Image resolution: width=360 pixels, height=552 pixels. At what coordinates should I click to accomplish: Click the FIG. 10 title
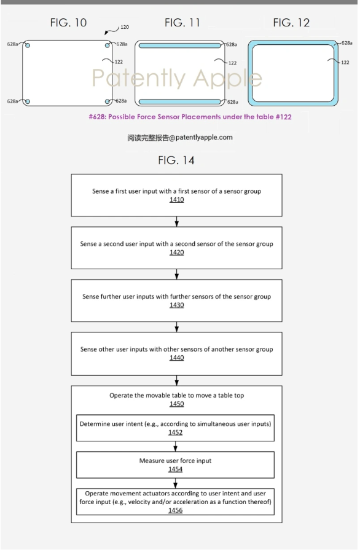pyautogui.click(x=68, y=23)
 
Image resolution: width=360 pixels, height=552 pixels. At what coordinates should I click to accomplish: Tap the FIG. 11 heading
pyautogui.click(x=182, y=23)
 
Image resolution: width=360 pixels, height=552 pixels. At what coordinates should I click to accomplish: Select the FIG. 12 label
pyautogui.click(x=291, y=23)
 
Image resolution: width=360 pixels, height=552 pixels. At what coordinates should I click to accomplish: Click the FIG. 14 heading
pyautogui.click(x=176, y=160)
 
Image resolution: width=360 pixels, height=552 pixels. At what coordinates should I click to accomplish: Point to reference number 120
pyautogui.click(x=125, y=27)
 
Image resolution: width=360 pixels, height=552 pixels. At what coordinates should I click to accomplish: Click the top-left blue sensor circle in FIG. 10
pyautogui.click(x=28, y=45)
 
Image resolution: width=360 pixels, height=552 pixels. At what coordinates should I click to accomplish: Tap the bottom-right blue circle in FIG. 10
pyautogui.click(x=108, y=102)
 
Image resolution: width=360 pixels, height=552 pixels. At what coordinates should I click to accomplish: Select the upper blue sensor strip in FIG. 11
pyautogui.click(x=180, y=45)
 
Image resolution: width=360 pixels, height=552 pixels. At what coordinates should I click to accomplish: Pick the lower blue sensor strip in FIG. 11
pyautogui.click(x=180, y=102)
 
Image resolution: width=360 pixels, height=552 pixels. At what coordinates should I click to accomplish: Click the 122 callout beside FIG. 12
pyautogui.click(x=345, y=62)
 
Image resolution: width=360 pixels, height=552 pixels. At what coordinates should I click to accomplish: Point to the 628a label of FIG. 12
pyautogui.click(x=347, y=43)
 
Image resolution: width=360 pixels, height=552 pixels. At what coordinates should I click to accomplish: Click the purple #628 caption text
pyautogui.click(x=190, y=117)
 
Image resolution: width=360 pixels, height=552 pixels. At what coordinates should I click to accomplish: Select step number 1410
pyautogui.click(x=177, y=200)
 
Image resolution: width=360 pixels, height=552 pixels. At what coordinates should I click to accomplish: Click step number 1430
pyautogui.click(x=177, y=305)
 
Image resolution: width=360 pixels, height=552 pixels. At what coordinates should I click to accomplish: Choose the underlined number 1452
pyautogui.click(x=175, y=432)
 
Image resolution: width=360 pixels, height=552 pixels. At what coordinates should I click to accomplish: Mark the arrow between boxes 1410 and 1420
pyautogui.click(x=177, y=221)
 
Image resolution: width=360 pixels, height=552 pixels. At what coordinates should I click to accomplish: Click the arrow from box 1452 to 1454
pyautogui.click(x=175, y=446)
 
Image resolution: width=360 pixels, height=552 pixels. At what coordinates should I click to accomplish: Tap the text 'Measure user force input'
pyautogui.click(x=175, y=460)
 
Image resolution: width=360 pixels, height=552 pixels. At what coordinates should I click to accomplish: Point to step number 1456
pyautogui.click(x=175, y=510)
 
